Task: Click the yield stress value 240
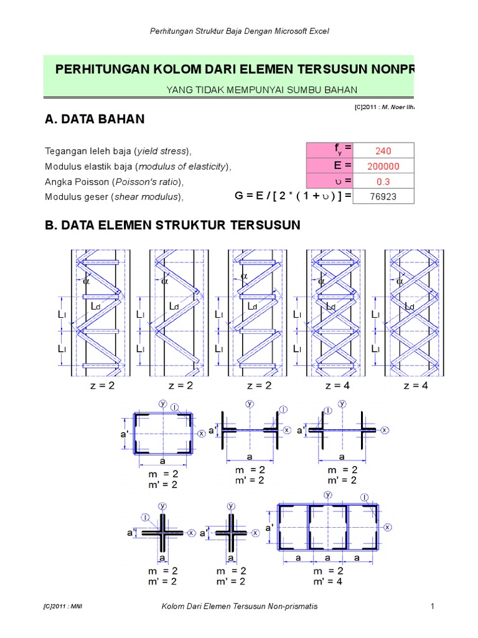coord(382,151)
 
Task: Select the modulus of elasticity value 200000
coord(383,166)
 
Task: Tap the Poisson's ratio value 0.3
coord(383,181)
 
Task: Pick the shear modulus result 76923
coord(383,197)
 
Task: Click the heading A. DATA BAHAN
coord(95,119)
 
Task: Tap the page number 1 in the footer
coord(431,606)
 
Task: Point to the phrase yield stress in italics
coord(163,151)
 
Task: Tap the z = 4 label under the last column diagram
coord(416,386)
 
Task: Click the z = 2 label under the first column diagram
coord(102,386)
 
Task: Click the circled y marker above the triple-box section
coord(327,494)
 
